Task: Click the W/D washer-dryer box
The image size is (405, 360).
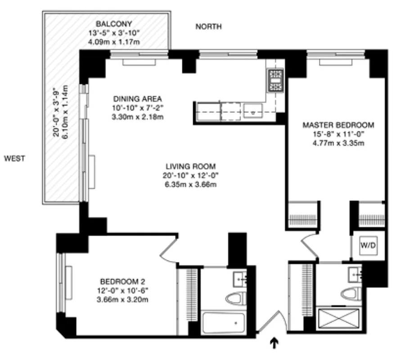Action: point(368,246)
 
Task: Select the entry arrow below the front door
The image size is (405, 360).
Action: point(273,344)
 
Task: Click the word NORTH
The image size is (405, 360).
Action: point(208,27)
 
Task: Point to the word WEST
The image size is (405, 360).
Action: point(15,158)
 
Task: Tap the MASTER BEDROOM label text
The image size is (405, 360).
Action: point(338,125)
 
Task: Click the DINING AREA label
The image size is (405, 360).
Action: point(137,99)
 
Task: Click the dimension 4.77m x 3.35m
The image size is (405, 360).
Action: point(338,144)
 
